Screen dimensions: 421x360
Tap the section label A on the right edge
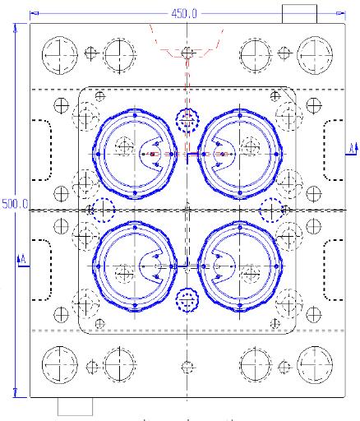pos(351,147)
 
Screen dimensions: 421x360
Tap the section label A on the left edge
pos(22,260)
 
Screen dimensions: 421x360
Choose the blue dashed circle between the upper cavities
pos(188,120)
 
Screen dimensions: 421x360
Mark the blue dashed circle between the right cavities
pos(272,210)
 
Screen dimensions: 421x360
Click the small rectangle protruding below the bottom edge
pos(75,406)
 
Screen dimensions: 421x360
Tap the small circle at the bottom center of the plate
pos(188,366)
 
